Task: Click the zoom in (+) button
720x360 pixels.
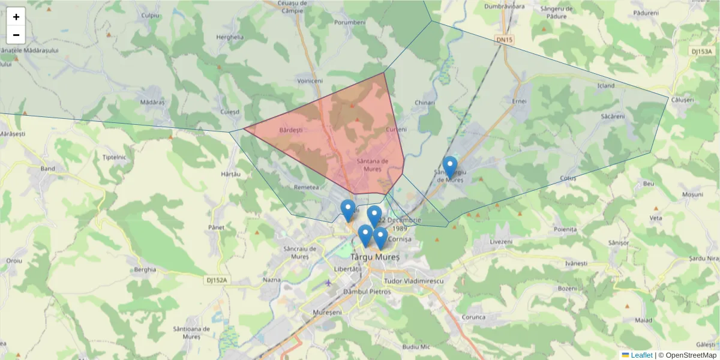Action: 16,17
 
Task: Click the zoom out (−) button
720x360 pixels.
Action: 16,35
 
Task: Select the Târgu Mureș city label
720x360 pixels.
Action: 375,256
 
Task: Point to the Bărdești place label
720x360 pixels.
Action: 292,130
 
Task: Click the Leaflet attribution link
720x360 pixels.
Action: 641,355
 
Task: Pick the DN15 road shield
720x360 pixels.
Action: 505,40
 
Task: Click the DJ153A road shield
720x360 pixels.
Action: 701,51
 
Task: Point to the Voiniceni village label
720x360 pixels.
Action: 310,80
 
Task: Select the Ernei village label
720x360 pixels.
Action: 519,101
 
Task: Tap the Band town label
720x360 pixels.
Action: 47,169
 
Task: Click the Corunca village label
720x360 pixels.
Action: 473,316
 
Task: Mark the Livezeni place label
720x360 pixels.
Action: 501,241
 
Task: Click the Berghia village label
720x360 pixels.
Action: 145,269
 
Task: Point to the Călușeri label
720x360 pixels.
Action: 683,100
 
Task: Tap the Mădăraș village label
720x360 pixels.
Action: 152,102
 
